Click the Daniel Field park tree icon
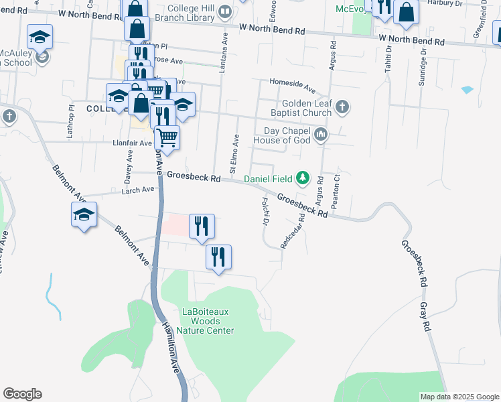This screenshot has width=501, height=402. tap(303, 178)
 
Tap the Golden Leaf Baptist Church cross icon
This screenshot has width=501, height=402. tap(342, 107)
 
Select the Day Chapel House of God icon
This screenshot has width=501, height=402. tap(321, 135)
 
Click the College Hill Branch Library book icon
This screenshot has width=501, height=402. tap(225, 12)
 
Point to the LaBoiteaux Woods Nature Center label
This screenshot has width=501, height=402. tap(208, 321)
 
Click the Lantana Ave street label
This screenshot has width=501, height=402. tap(222, 50)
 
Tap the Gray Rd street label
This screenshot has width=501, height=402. tap(424, 317)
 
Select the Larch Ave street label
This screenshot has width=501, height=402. tap(138, 190)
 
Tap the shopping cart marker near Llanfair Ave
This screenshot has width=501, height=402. tap(167, 139)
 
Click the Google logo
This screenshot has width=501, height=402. tap(21, 394)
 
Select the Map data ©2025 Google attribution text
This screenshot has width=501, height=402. tap(459, 397)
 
